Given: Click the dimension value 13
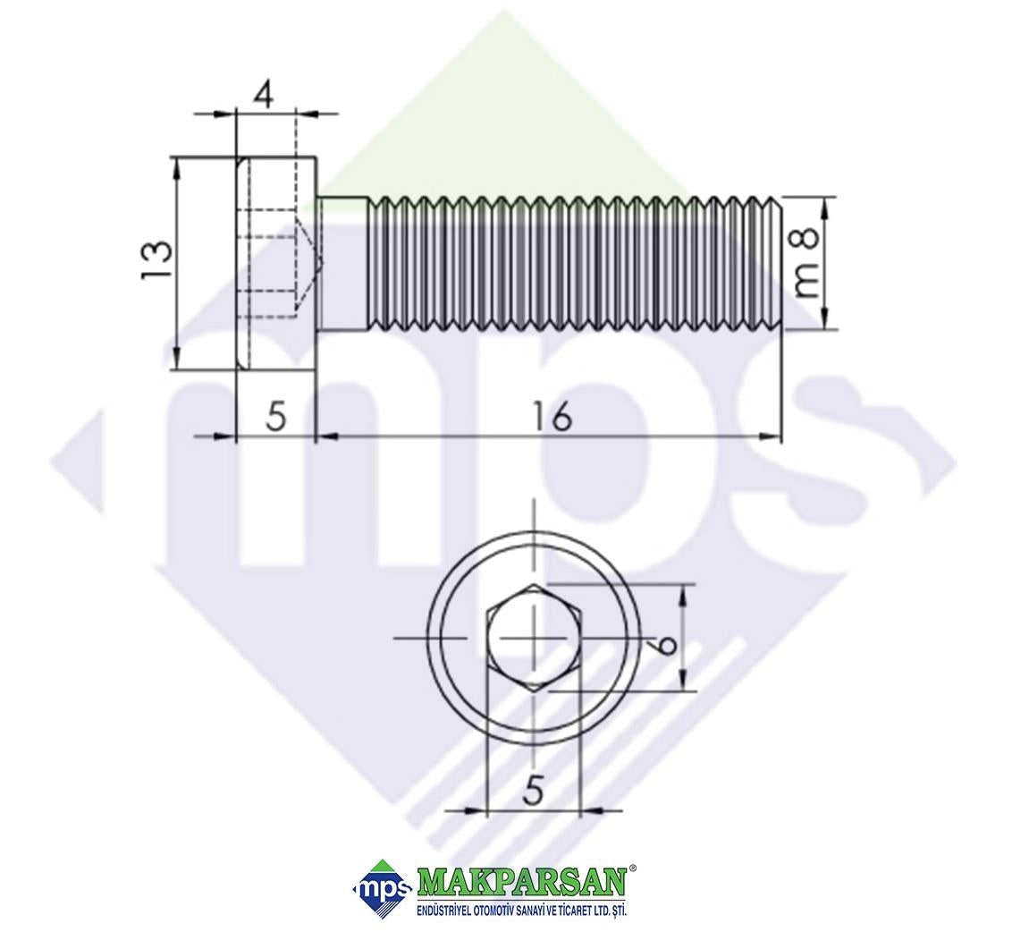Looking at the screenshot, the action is [x=156, y=260].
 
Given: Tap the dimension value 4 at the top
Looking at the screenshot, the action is [x=264, y=95].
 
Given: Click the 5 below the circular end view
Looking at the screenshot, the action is [x=533, y=791].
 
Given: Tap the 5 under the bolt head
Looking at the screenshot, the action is [x=275, y=417].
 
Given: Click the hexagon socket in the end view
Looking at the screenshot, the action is [x=535, y=638].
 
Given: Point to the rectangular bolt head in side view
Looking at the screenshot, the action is [x=276, y=264].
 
